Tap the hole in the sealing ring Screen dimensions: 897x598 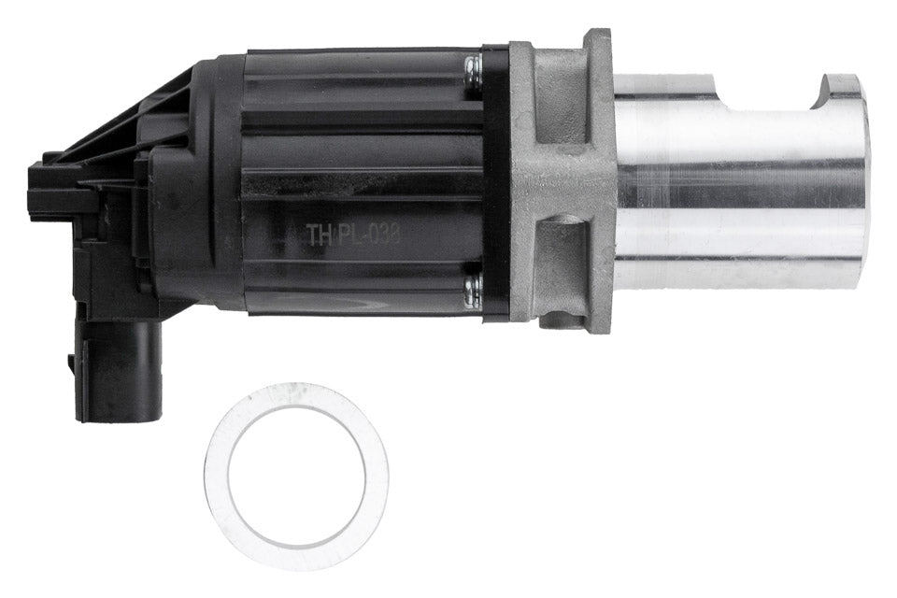pos(297,477)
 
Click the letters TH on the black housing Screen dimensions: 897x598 pos(320,235)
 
